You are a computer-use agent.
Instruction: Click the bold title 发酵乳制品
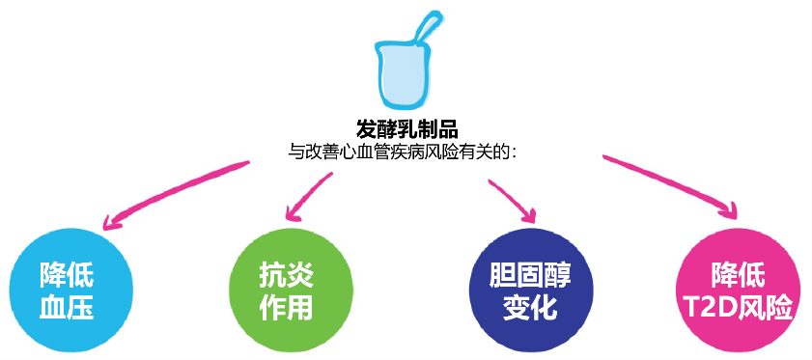click(406, 127)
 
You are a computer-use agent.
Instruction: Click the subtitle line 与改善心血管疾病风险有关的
click(406, 150)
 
